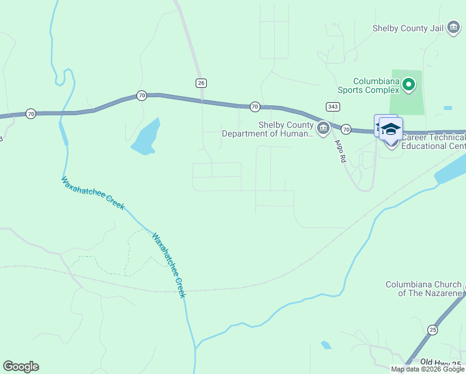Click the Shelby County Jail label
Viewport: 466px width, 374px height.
408,28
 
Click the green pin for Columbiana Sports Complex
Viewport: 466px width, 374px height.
409,84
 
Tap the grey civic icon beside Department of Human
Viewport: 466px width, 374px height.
323,129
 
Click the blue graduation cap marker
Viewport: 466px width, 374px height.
391,128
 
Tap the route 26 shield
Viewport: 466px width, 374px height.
201,83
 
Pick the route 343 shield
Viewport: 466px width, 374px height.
332,107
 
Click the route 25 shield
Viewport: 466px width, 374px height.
433,329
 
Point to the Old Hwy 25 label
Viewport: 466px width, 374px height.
441,362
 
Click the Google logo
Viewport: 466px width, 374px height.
21,367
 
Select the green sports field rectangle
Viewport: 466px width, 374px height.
406,100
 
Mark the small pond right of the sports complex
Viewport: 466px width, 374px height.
448,108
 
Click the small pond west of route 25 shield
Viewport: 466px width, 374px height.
326,345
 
